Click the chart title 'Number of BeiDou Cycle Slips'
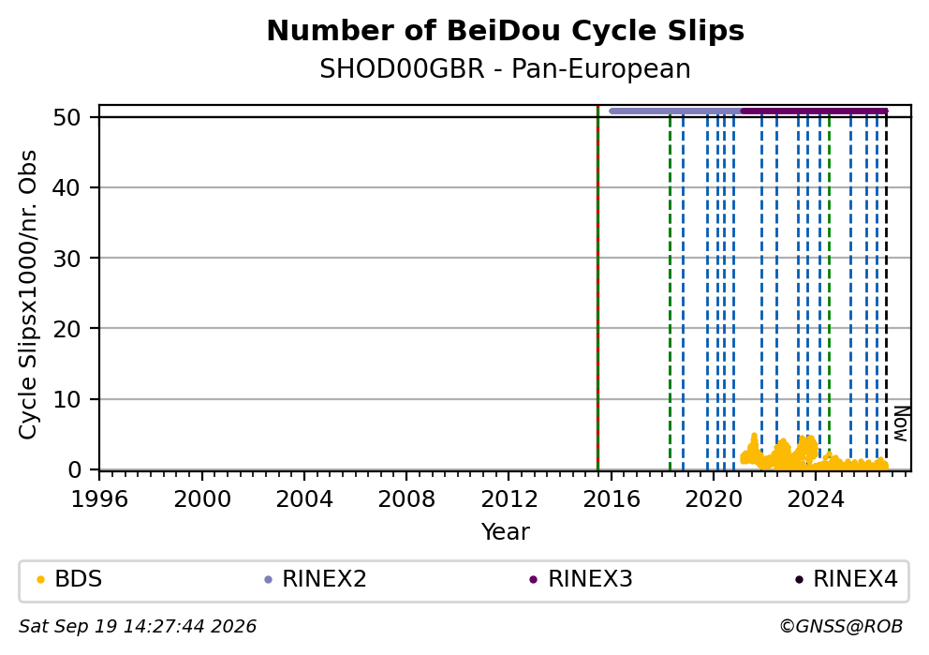point(506,31)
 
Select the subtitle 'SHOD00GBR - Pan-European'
point(506,68)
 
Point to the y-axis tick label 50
point(66,117)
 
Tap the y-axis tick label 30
point(66,259)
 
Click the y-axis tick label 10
point(66,399)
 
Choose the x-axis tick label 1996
point(99,499)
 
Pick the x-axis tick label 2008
point(406,499)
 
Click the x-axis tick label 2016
point(612,499)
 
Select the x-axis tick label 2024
point(816,499)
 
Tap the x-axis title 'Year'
point(506,531)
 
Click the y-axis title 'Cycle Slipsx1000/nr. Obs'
point(28,294)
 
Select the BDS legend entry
point(70,579)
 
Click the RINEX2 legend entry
point(316,579)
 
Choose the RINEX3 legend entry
point(582,579)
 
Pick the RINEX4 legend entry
point(847,579)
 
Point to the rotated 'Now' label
point(901,424)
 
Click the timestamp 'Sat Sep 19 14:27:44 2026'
point(138,627)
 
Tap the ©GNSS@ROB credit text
point(841,627)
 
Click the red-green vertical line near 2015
point(597,288)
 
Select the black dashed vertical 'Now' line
point(886,290)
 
